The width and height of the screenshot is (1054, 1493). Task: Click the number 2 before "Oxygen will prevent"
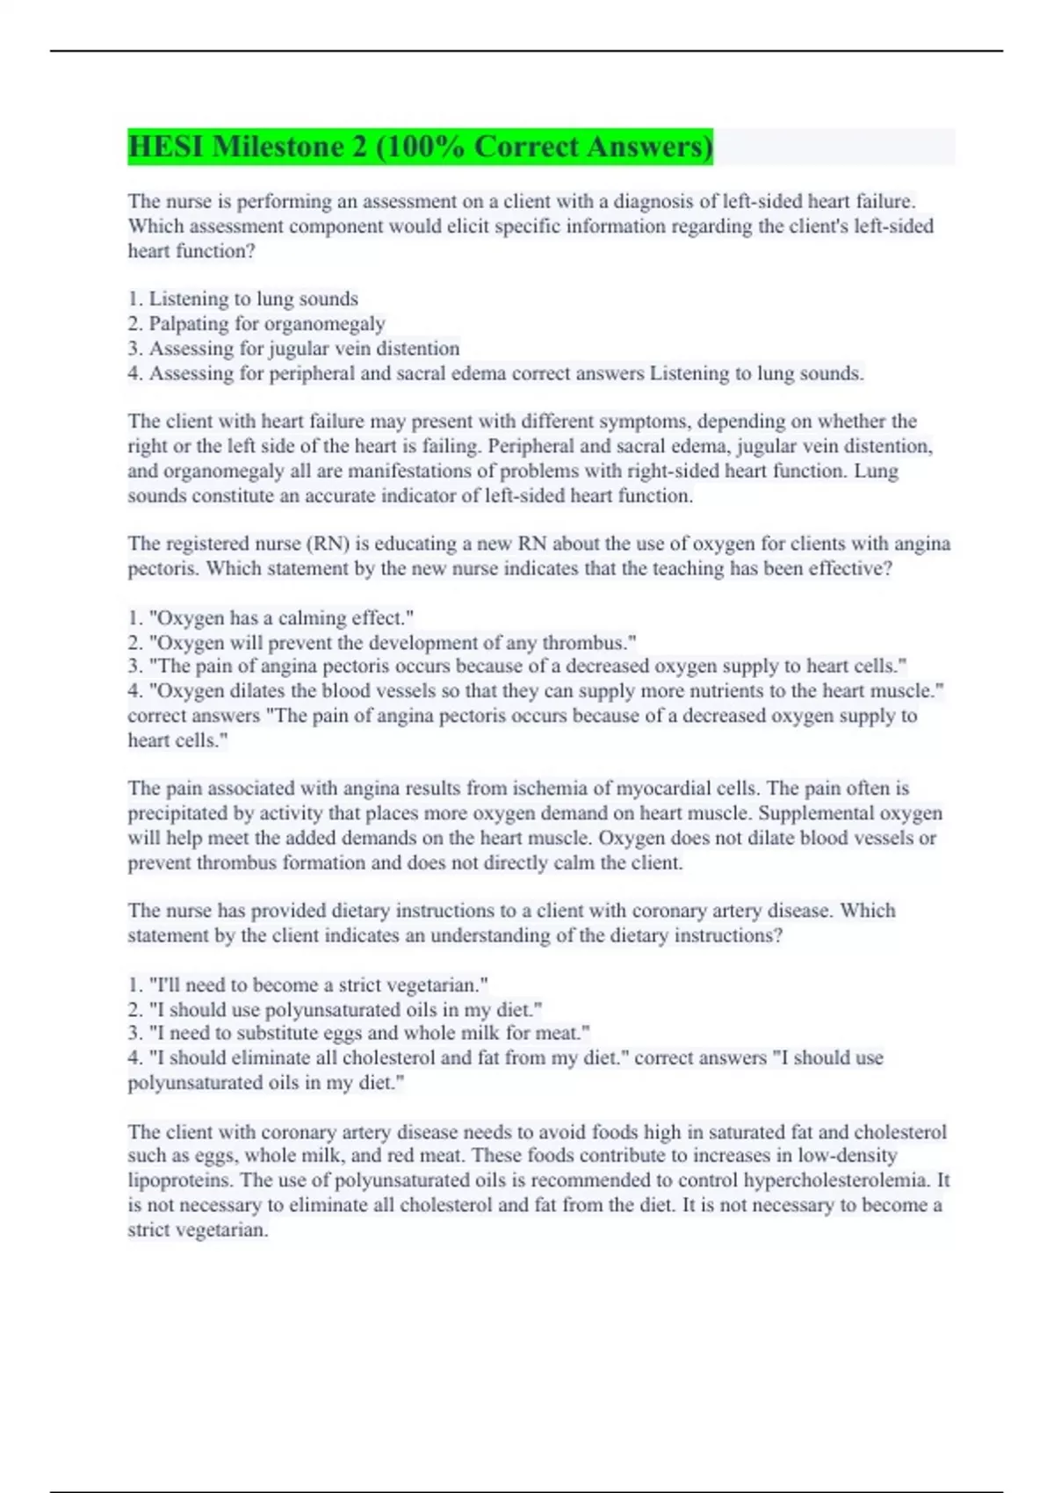pos(134,642)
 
